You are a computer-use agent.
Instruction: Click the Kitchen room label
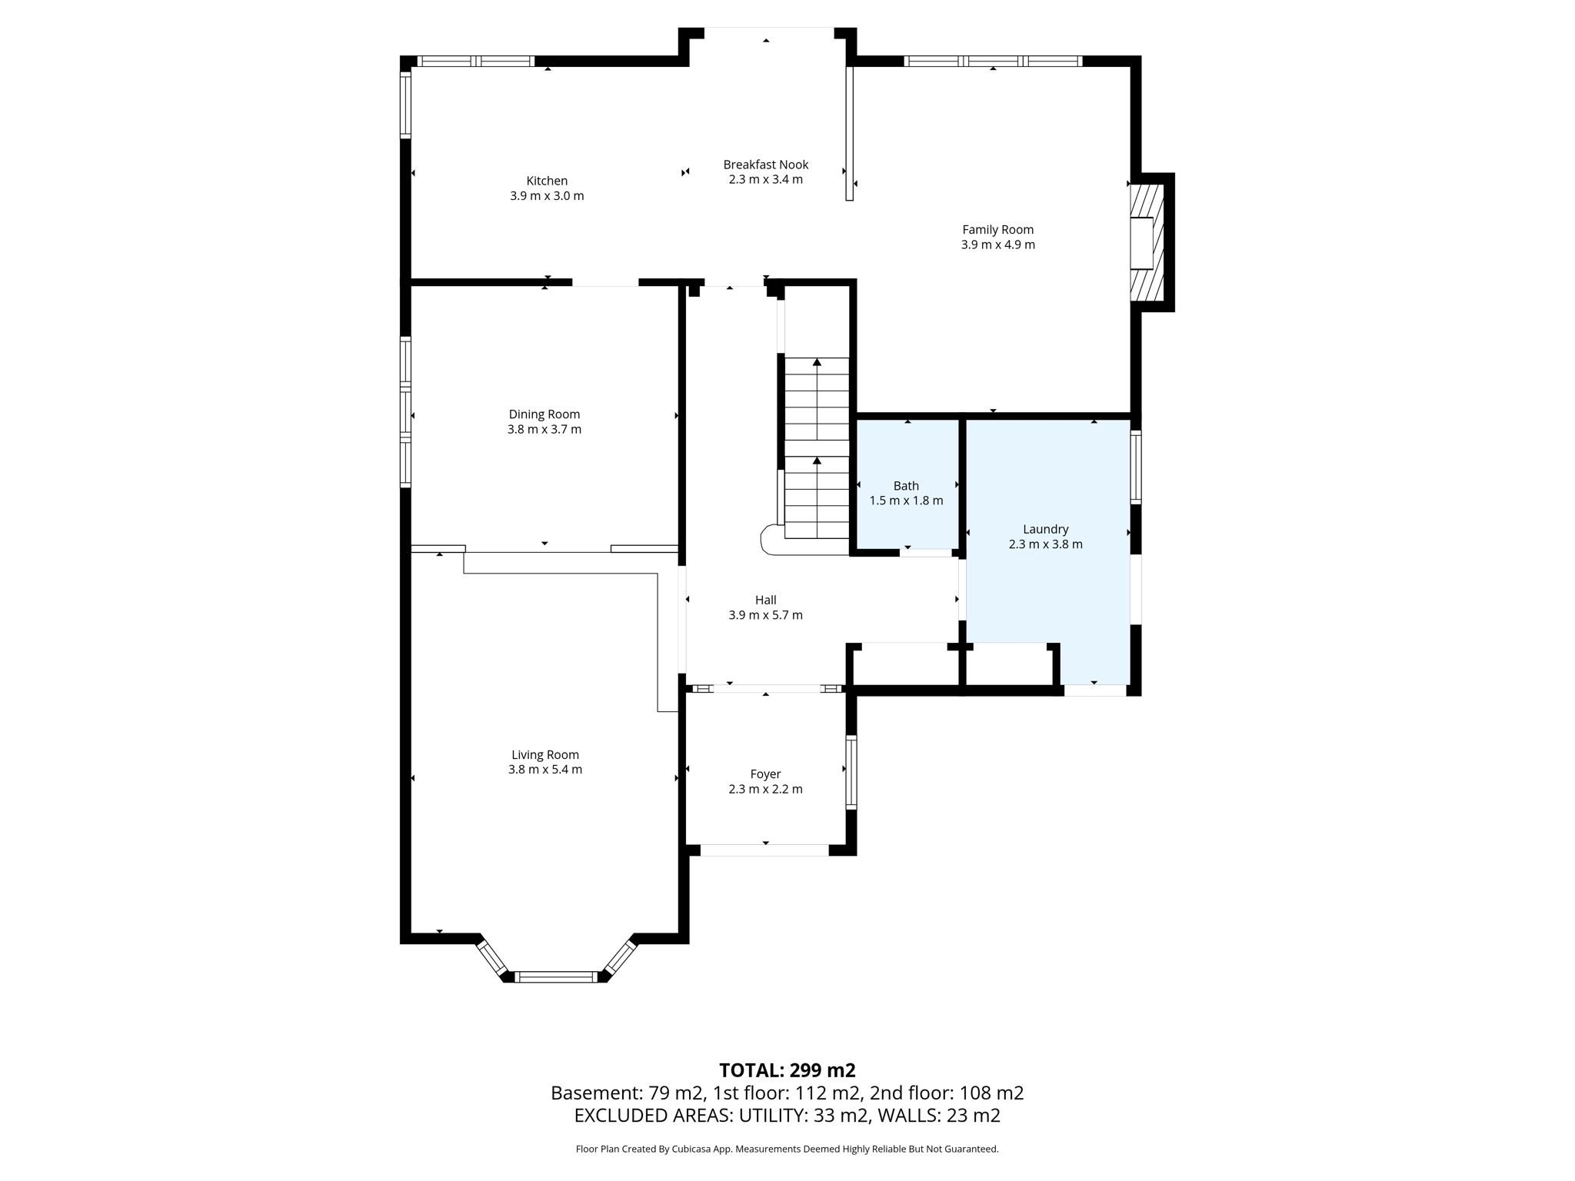(547, 181)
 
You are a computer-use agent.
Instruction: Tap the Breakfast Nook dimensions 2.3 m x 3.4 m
(765, 180)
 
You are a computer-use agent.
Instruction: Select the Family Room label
(997, 229)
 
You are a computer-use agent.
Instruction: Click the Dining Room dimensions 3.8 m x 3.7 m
(544, 430)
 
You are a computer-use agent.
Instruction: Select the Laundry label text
(1045, 529)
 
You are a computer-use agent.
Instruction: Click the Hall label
(765, 600)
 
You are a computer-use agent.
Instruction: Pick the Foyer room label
(765, 774)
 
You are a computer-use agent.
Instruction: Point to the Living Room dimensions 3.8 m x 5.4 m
(544, 770)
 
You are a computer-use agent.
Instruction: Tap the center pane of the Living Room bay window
(555, 977)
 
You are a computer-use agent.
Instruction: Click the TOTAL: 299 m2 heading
(787, 1070)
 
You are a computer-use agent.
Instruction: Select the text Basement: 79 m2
(627, 1093)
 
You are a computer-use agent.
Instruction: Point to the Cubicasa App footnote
(787, 1149)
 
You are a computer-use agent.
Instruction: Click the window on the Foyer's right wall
(851, 771)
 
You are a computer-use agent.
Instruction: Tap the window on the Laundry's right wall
(1136, 467)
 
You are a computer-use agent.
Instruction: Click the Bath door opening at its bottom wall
(926, 552)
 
